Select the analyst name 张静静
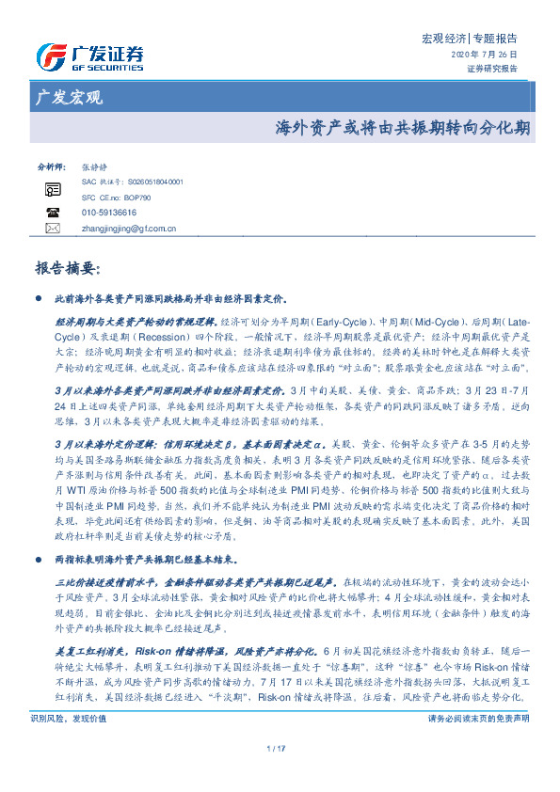click(x=95, y=165)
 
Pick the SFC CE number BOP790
click(x=117, y=198)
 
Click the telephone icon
click(x=53, y=213)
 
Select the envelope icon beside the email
click(x=53, y=228)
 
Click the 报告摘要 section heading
click(x=67, y=269)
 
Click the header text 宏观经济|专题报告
click(x=469, y=40)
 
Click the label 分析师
click(x=49, y=165)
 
